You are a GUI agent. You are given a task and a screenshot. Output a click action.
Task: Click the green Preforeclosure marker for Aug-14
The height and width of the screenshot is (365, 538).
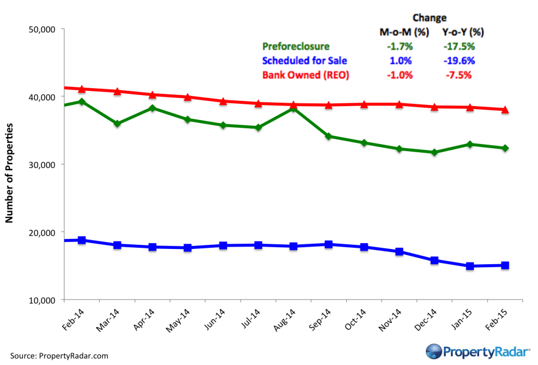[x=293, y=109]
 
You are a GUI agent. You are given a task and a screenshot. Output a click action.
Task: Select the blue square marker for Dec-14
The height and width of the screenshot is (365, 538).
[x=434, y=260]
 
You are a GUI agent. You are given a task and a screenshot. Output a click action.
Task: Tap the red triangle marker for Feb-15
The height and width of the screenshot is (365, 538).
[x=504, y=109]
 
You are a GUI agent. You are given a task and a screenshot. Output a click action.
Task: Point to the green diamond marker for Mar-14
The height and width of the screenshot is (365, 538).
[x=117, y=123]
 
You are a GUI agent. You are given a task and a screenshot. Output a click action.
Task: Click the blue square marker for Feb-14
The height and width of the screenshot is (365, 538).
[x=82, y=240]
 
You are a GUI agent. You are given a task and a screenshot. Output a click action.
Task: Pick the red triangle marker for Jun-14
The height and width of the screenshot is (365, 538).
[x=223, y=101]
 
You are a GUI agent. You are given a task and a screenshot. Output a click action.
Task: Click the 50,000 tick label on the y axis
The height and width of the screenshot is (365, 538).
[x=40, y=29]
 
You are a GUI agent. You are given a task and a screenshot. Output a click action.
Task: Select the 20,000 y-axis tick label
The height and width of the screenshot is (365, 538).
[x=40, y=232]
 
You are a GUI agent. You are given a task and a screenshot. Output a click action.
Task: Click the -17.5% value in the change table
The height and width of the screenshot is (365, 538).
[x=456, y=47]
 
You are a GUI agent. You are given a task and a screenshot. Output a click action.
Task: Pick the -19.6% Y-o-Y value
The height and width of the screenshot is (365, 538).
[x=456, y=60]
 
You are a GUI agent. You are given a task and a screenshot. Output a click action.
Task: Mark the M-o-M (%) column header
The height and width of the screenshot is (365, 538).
[x=404, y=33]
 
